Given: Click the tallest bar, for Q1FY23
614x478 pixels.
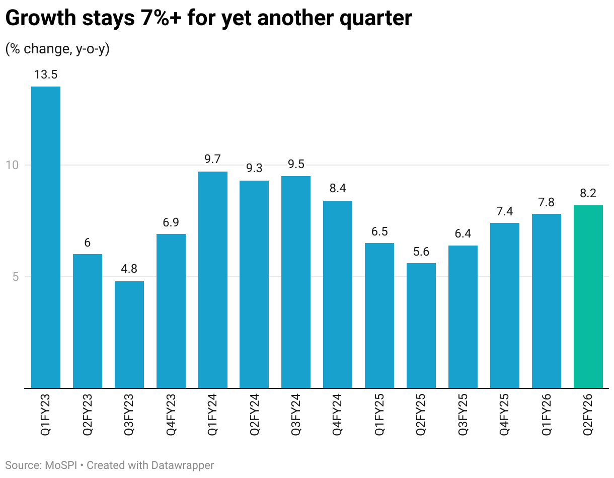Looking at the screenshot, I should pyautogui.click(x=46, y=236).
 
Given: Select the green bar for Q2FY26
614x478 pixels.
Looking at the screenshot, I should pyautogui.click(x=588, y=297).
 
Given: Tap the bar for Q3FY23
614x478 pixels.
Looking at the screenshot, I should pyautogui.click(x=129, y=335).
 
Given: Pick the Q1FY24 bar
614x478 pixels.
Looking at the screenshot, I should pyautogui.click(x=212, y=279).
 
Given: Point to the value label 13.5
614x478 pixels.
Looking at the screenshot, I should pyautogui.click(x=46, y=75).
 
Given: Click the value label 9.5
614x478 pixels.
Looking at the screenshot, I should pyautogui.click(x=296, y=165).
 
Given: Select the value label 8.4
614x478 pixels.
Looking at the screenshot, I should pyautogui.click(x=338, y=189).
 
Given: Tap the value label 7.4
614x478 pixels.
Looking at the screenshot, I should pyautogui.click(x=505, y=211).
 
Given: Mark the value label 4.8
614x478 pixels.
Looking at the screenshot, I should pyautogui.click(x=129, y=269).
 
